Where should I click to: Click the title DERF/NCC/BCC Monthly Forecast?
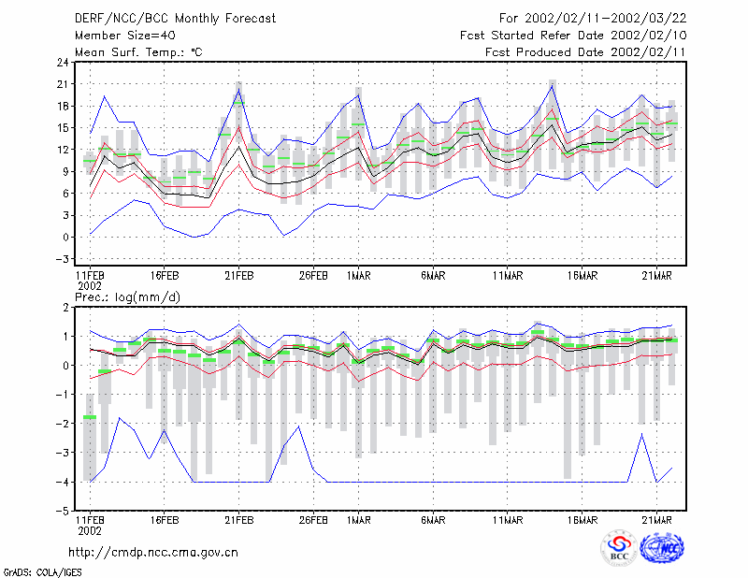[x=175, y=19]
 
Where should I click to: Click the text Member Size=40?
[x=125, y=36]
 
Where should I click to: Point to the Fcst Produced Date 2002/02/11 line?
[x=585, y=52]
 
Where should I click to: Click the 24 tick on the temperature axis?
[x=63, y=62]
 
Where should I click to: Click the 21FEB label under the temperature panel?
[x=239, y=276]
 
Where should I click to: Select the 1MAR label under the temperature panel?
[x=358, y=276]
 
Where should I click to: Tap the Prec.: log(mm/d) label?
[x=127, y=297]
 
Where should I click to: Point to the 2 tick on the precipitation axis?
[x=65, y=308]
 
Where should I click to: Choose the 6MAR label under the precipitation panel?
[x=433, y=520]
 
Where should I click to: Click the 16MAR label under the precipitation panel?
[x=582, y=520]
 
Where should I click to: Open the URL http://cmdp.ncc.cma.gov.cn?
[x=153, y=553]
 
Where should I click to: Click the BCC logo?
[x=619, y=548]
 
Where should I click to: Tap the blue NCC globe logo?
[x=662, y=548]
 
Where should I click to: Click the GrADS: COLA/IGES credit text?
[x=42, y=572]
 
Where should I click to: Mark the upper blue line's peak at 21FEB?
[x=239, y=89]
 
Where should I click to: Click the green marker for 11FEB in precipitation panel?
[x=90, y=417]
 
